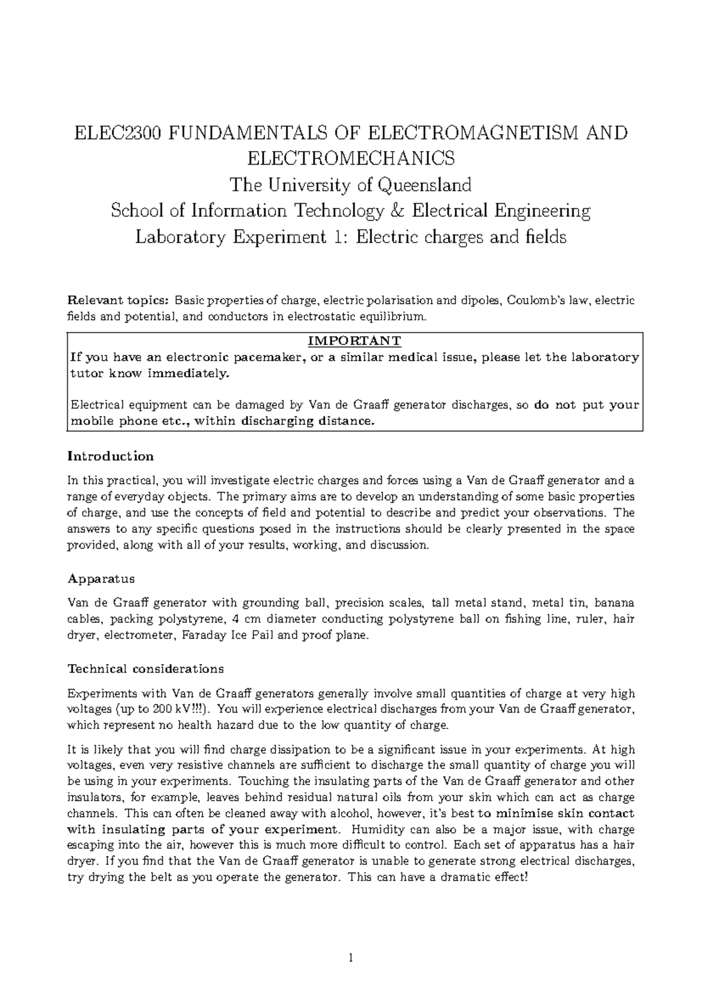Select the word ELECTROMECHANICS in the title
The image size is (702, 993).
[x=350, y=159]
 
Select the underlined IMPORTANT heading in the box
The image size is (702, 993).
[x=355, y=341]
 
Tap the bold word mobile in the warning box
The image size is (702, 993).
[x=88, y=422]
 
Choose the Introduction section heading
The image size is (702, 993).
[x=111, y=456]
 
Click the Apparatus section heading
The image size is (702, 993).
[x=101, y=579]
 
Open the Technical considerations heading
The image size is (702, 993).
[x=146, y=669]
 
